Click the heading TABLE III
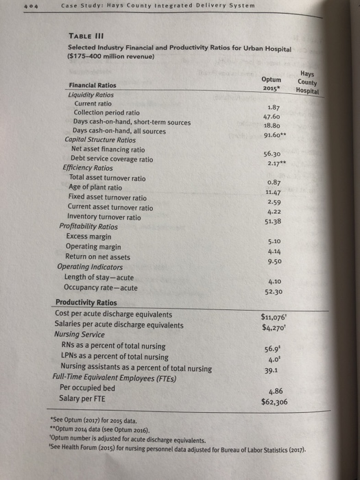[86, 36]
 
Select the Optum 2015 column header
[272, 84]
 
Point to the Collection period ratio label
[106, 112]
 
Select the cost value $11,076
[274, 316]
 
